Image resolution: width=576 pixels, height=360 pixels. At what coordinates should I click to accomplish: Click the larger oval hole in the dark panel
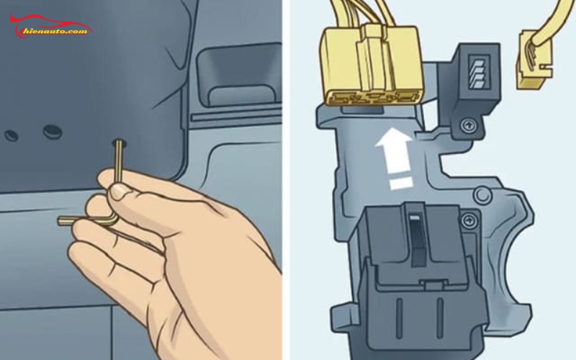[51, 131]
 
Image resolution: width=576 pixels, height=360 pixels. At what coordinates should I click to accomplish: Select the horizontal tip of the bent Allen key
[65, 220]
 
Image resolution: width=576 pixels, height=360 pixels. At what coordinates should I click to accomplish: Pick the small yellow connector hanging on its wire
[532, 64]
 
